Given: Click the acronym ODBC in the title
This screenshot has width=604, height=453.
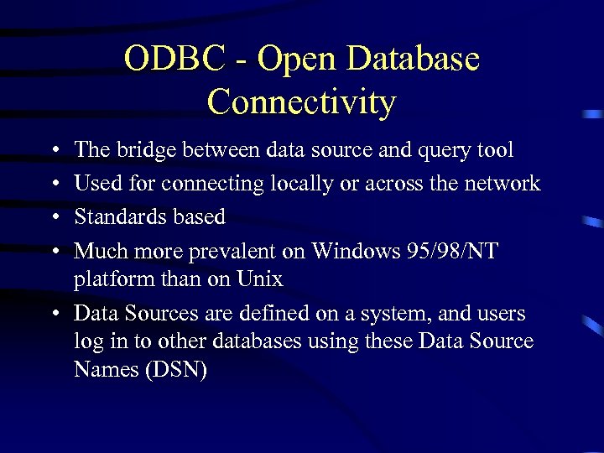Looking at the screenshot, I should (175, 59).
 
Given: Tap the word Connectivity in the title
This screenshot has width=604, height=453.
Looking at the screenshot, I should (301, 102).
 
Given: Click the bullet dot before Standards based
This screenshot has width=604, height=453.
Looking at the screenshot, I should (53, 217).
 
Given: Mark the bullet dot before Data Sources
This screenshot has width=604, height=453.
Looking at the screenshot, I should (53, 315).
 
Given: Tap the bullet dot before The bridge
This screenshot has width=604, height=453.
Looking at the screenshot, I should (53, 151).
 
